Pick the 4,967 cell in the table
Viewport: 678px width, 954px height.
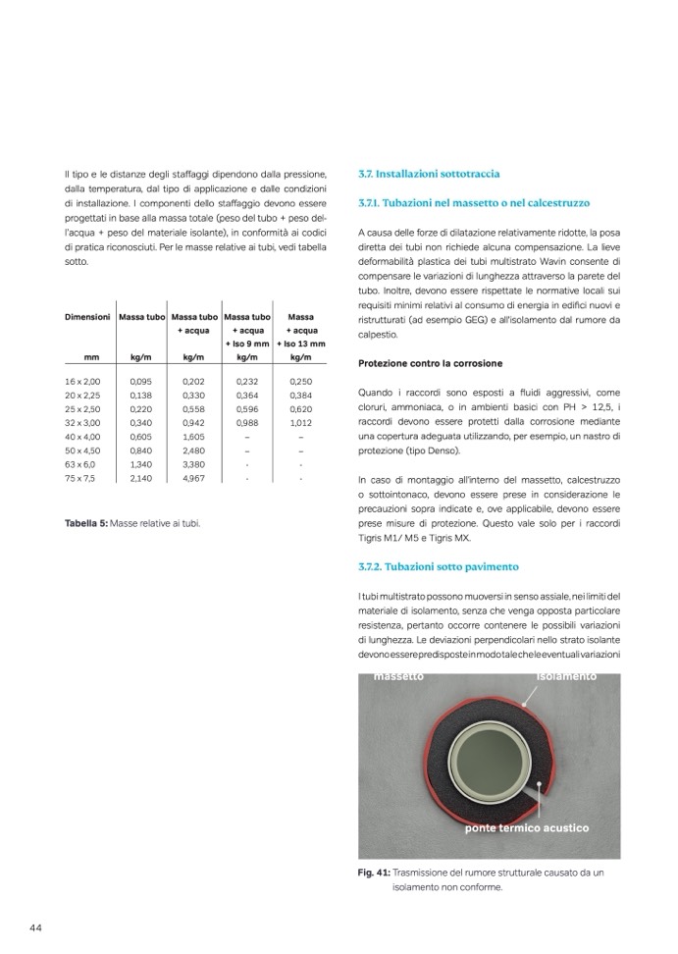click(193, 478)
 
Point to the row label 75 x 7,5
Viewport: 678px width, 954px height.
click(81, 478)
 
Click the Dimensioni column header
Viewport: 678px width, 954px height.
click(87, 317)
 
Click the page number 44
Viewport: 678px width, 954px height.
click(35, 927)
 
